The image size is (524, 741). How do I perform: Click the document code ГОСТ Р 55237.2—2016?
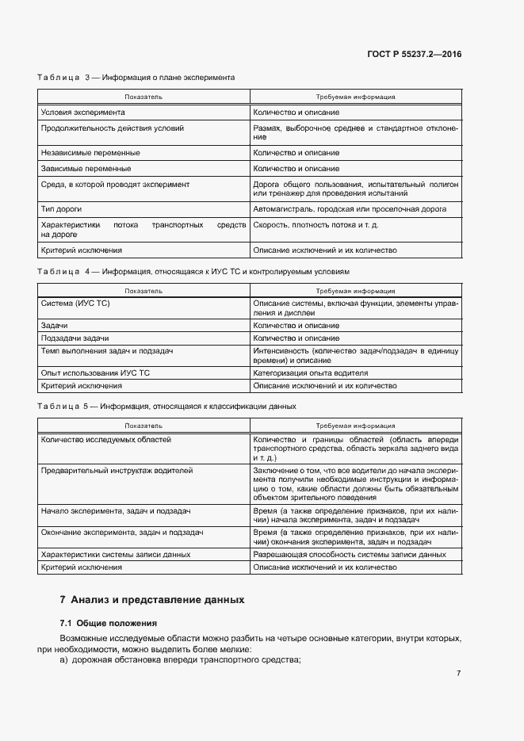point(415,55)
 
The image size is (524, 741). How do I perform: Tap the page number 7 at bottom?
point(459,674)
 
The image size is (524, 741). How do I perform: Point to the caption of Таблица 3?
point(136,78)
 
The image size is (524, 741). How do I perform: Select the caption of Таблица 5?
point(167,407)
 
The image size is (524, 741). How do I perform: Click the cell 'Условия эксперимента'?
point(82,113)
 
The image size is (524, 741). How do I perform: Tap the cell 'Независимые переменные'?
point(90,153)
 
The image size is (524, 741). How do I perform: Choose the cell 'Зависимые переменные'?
point(86,169)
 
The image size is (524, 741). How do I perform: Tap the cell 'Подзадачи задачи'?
point(75,338)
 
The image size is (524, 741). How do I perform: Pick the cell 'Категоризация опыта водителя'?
point(311,373)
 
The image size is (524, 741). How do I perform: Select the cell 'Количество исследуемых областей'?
point(105,439)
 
